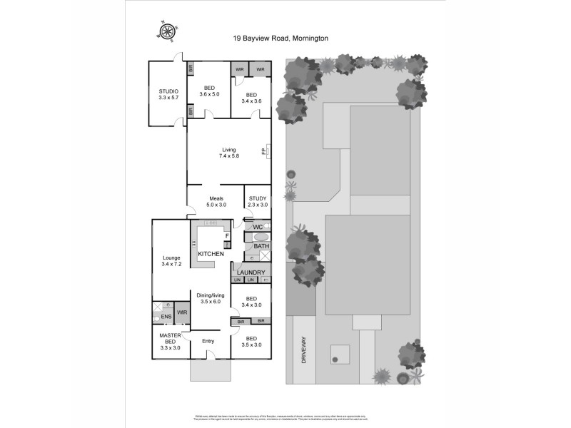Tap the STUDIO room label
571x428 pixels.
point(168,95)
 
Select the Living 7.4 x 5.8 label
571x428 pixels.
point(229,153)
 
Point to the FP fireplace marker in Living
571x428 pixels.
point(264,151)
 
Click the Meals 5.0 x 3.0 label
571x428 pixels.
point(216,202)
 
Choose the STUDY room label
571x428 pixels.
point(258,202)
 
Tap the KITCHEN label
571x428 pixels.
point(211,254)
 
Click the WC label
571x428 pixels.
point(258,227)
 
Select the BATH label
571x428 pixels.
point(261,247)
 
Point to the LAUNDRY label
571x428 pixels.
point(251,272)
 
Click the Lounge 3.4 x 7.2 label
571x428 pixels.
point(171,261)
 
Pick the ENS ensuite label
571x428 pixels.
point(166,316)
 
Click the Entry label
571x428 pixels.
point(208,341)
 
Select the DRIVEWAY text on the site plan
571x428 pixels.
point(303,350)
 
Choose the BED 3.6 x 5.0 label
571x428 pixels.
point(210,91)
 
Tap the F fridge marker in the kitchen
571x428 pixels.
point(226,235)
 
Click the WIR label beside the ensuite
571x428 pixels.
point(182,312)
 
